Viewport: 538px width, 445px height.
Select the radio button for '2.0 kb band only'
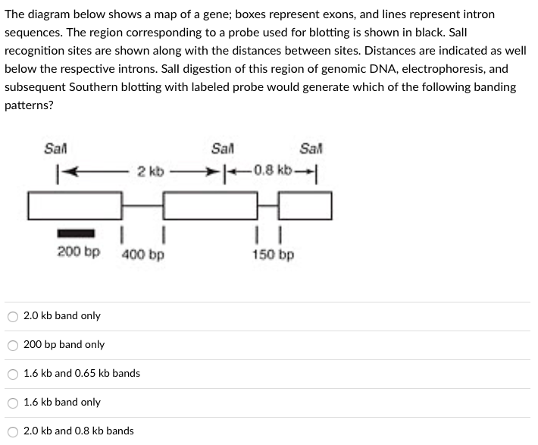(13, 316)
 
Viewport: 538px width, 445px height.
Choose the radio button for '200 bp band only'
(13, 345)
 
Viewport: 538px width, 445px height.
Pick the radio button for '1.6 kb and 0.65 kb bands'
(13, 374)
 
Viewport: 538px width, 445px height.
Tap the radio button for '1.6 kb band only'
(13, 403)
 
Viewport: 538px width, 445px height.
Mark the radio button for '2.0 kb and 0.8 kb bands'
(13, 431)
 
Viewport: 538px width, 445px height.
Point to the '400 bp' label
(142, 254)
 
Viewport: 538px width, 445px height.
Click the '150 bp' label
(274, 254)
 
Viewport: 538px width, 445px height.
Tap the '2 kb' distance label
(150, 171)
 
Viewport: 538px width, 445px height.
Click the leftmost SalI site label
(55, 148)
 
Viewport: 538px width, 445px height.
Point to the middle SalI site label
(223, 148)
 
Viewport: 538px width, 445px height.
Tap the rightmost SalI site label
(311, 148)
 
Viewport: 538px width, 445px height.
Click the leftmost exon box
(75, 205)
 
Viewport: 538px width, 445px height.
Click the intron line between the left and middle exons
(142, 205)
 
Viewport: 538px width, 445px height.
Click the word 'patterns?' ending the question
(29, 105)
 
